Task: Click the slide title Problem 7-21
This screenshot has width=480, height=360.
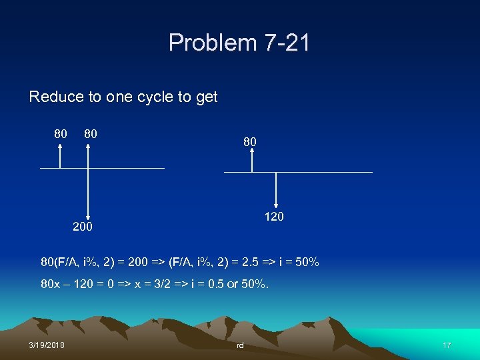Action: (239, 43)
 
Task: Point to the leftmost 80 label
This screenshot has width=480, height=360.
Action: (61, 133)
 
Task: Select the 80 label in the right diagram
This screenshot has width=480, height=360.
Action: (249, 142)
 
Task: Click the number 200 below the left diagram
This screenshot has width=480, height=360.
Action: (83, 227)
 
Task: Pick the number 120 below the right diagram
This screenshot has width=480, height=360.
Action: (273, 217)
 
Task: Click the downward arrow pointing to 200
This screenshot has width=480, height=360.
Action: (88, 193)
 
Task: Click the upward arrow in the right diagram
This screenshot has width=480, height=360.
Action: (252, 160)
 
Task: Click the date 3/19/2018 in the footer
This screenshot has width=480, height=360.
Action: (47, 345)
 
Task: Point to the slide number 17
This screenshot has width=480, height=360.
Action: (447, 345)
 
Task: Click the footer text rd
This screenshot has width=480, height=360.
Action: (240, 345)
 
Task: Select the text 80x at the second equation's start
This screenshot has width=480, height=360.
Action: (51, 285)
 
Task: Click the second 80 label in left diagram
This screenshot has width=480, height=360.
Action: (91, 133)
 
